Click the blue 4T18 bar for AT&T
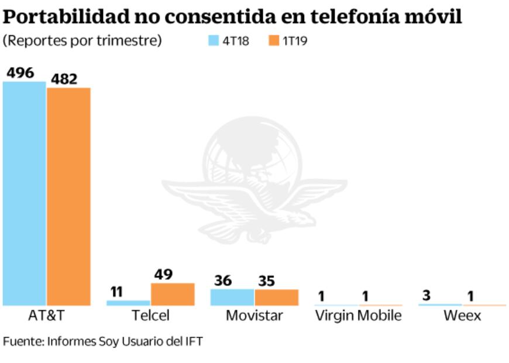(24, 193)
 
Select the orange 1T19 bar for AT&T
(68, 196)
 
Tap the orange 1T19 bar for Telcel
(173, 294)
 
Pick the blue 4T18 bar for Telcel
(128, 303)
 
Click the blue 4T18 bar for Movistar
(232, 297)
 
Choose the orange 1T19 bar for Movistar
(276, 297)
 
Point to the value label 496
(20, 73)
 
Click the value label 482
(64, 80)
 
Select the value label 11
(116, 292)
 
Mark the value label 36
(223, 280)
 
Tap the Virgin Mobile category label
(358, 316)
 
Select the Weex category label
(462, 316)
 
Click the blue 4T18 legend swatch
(213, 41)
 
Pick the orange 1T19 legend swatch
(274, 41)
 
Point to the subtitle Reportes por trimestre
(82, 41)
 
